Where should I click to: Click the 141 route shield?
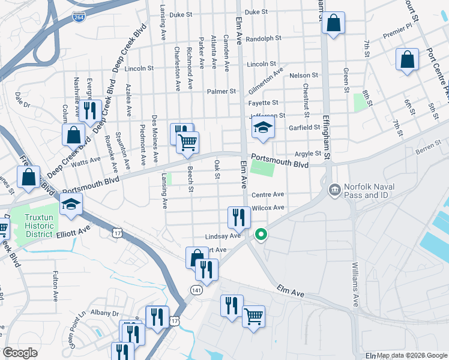coord(196,290)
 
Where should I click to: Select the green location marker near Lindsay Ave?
coord(261,235)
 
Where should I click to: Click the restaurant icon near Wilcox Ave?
coord(239,218)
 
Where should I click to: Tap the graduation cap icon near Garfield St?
coord(263,128)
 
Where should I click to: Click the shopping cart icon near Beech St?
coord(188,142)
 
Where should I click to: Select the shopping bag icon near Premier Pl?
coord(407,60)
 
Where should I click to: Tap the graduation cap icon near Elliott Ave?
coord(71,205)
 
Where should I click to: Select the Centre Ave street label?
coord(268,194)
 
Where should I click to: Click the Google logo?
coord(20,353)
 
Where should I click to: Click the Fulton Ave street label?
coord(55,285)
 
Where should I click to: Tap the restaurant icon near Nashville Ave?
coord(90,110)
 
